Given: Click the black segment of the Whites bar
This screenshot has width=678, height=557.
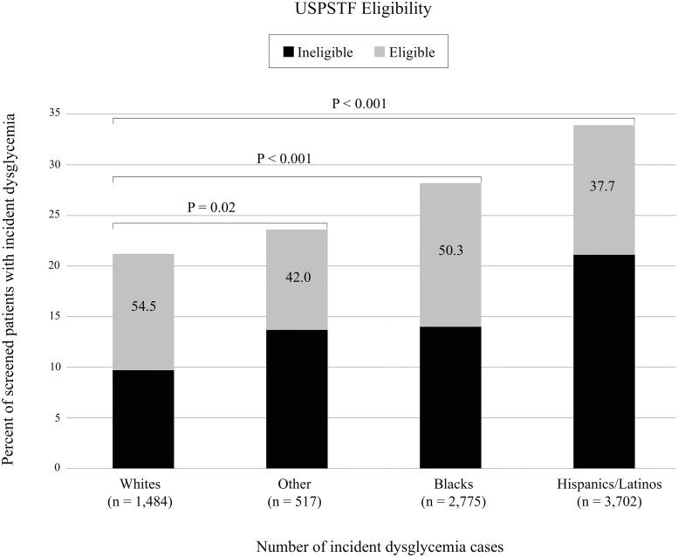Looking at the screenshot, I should pyautogui.click(x=143, y=419).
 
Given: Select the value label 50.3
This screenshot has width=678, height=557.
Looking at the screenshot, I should pyautogui.click(x=450, y=251).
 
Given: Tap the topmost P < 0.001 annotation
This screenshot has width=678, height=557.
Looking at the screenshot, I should pyautogui.click(x=359, y=103).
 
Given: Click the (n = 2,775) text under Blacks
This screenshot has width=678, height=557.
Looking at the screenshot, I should pyautogui.click(x=450, y=503).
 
